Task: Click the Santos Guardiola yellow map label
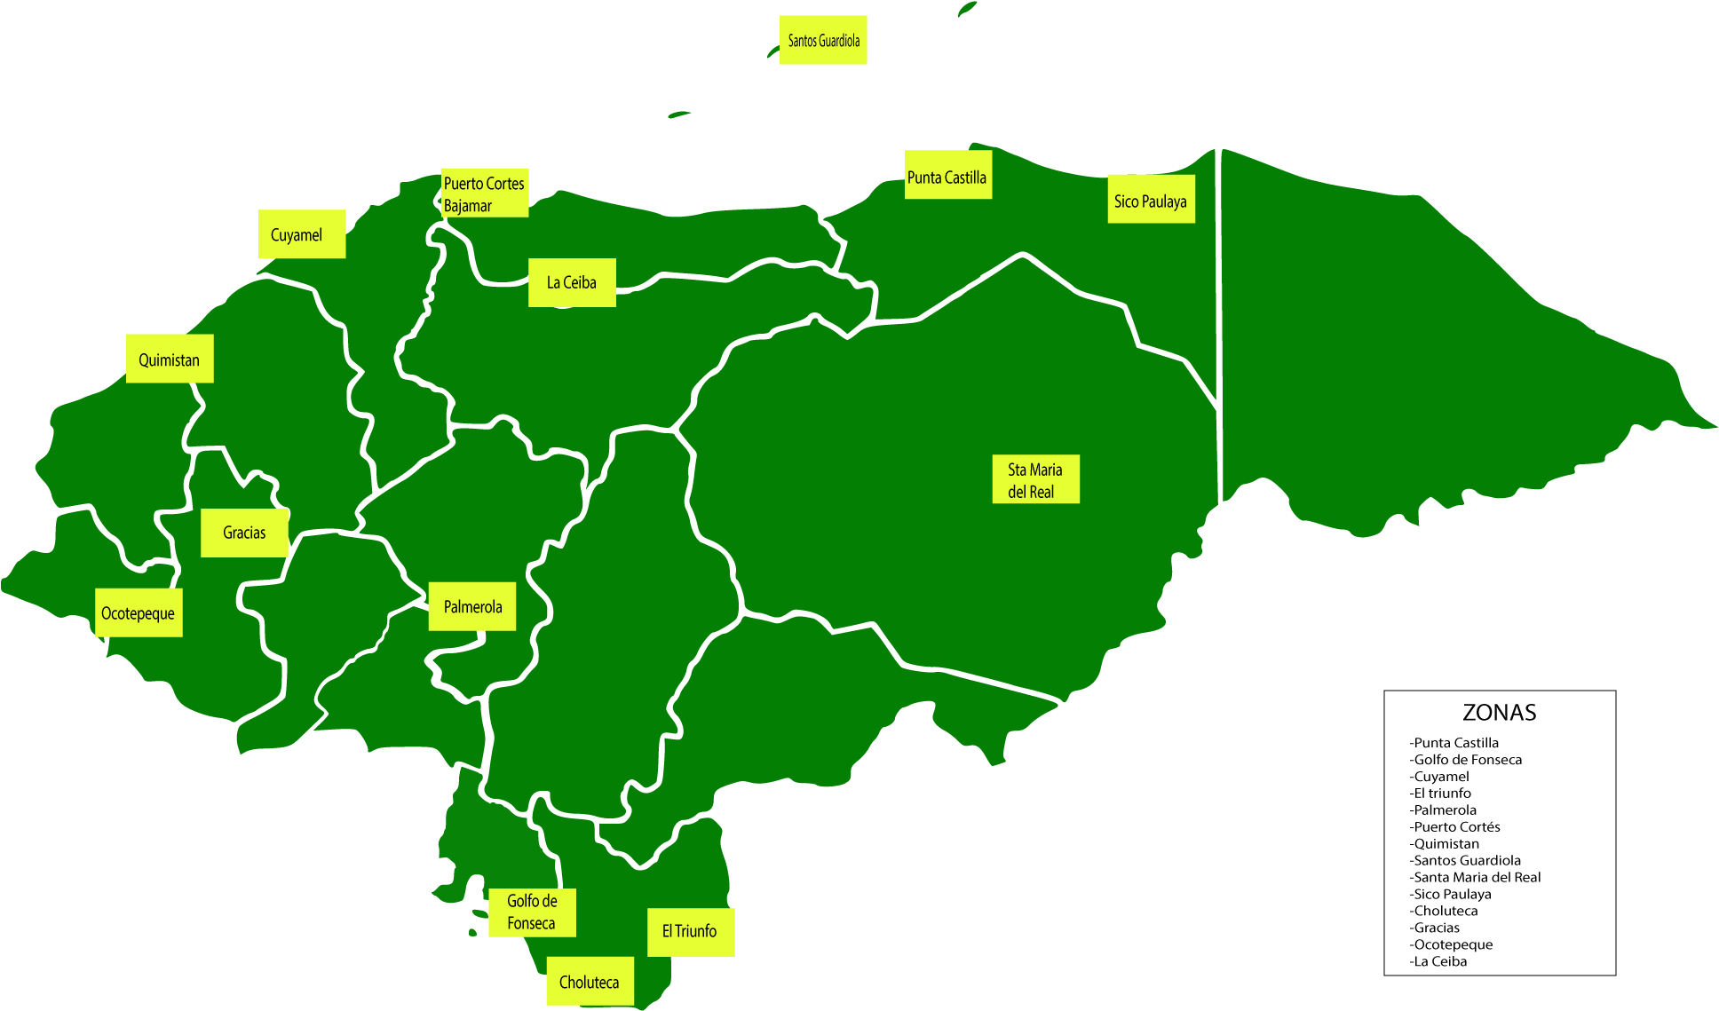tap(823, 40)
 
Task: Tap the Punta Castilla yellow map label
tap(947, 176)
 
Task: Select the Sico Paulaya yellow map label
tap(1151, 200)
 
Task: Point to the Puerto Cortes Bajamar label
tap(485, 193)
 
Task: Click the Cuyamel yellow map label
tap(301, 234)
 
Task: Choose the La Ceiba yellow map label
tap(572, 282)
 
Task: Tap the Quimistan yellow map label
tap(170, 359)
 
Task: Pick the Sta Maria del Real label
tap(1035, 479)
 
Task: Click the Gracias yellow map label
tap(244, 533)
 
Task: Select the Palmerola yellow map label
tap(472, 606)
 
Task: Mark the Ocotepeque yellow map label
tap(139, 612)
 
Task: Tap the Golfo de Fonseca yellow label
tap(532, 912)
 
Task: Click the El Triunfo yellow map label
tap(690, 931)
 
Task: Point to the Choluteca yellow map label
tap(590, 982)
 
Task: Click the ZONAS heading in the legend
tap(1499, 712)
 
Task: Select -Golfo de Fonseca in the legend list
tap(1466, 760)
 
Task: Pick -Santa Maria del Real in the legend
tap(1476, 877)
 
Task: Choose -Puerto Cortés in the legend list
tap(1455, 826)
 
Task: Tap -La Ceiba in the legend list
tap(1438, 961)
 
